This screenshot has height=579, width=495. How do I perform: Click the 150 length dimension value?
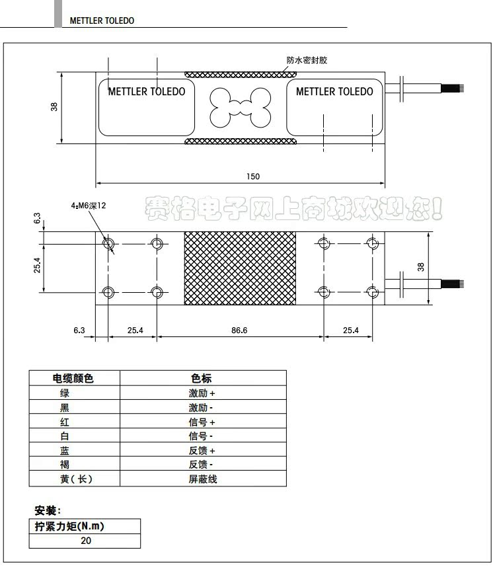coord(253,176)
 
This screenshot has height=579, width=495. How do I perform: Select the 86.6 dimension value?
coord(239,330)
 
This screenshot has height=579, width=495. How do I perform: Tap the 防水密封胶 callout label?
coord(307,60)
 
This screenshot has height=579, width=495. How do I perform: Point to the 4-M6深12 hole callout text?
coord(89,206)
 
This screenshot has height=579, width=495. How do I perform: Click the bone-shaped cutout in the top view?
coord(241,108)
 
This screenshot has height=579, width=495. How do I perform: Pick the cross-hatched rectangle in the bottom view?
coord(241,268)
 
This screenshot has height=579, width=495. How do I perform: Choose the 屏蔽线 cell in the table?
coord(203,479)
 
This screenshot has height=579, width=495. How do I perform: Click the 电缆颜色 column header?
coord(73,379)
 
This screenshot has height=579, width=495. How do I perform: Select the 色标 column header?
coord(202,379)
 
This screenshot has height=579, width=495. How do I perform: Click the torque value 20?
coord(86,541)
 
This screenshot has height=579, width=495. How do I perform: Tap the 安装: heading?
coord(48,511)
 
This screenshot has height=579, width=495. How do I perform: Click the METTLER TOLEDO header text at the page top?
coord(102,20)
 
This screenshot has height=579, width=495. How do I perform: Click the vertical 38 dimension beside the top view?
coord(54,106)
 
